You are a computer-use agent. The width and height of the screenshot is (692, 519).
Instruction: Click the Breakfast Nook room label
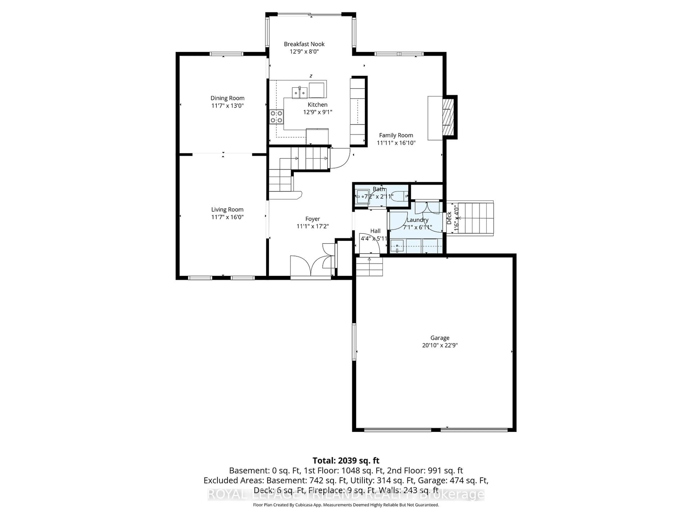point(304,44)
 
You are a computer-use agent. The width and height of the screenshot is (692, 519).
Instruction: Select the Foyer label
point(312,219)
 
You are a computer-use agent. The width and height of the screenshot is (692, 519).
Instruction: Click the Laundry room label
point(417,220)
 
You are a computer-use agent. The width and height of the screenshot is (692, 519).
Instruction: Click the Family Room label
point(396,135)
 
